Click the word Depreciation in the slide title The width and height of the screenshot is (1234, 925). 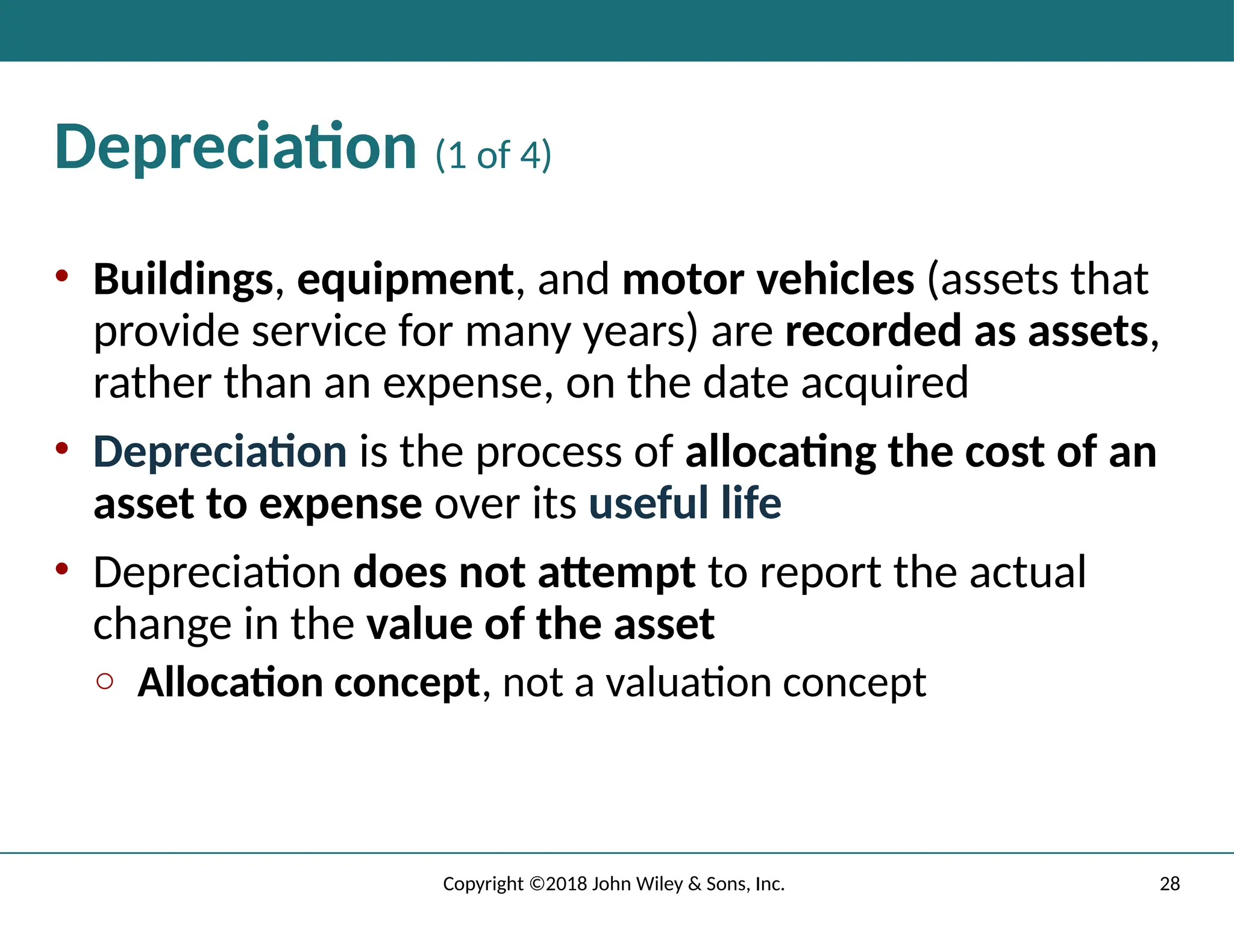[x=235, y=148]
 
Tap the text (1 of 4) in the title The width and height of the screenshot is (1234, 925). [x=493, y=155]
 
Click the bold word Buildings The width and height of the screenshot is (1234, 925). [x=183, y=280]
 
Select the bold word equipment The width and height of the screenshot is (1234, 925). [x=405, y=280]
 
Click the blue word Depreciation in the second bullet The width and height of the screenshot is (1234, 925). [x=220, y=452]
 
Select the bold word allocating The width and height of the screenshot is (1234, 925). [x=780, y=452]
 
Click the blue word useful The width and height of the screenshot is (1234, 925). [x=648, y=503]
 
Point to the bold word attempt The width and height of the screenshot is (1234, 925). [x=616, y=572]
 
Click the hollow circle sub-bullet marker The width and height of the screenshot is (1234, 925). [x=105, y=681]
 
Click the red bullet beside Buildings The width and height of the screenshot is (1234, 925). [x=61, y=276]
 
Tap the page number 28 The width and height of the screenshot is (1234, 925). [x=1170, y=884]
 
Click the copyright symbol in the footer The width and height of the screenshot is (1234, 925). [x=537, y=884]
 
